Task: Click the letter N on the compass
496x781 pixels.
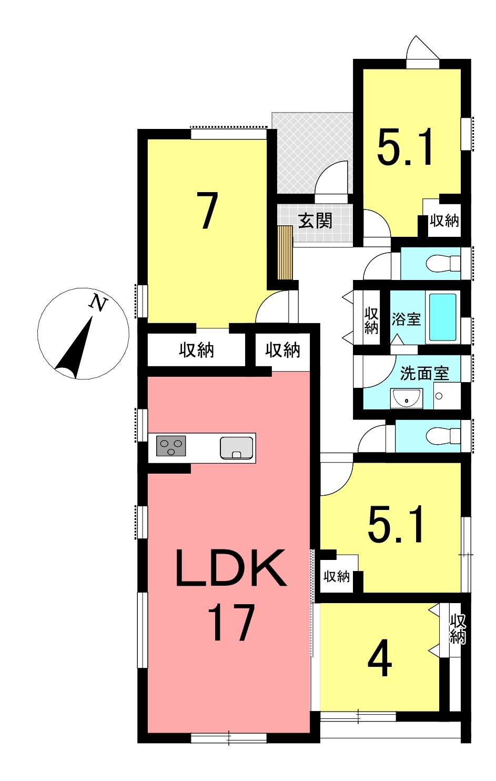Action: pos(99,302)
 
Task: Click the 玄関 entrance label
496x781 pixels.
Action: pos(316,221)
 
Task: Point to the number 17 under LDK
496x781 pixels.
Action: pos(231,623)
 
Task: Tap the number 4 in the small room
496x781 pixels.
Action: pos(380,657)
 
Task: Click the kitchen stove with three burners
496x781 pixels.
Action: pos(171,446)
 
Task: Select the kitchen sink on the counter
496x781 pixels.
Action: pos(236,448)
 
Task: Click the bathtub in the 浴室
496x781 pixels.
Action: pos(443,317)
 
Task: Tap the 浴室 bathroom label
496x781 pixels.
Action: pos(406,319)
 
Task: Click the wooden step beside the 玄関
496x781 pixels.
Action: pos(285,253)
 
